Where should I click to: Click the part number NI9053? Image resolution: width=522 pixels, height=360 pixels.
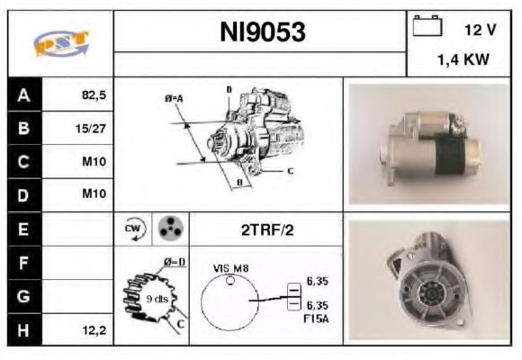[x=263, y=32]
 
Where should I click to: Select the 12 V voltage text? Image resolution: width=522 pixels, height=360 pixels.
[x=479, y=30]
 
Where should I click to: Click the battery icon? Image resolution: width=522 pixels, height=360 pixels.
[x=427, y=28]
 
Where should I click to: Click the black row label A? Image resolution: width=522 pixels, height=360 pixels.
[x=23, y=94]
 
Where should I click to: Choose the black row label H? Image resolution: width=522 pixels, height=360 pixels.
[x=23, y=330]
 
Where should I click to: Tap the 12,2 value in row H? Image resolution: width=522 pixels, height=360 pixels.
[x=93, y=330]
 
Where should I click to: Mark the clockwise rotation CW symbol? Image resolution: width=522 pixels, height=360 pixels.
[x=132, y=229]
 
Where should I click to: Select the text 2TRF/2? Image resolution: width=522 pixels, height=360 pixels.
[x=266, y=229]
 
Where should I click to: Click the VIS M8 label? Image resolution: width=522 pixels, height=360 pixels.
[x=230, y=267]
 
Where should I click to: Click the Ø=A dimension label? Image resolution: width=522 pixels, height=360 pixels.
[x=174, y=98]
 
